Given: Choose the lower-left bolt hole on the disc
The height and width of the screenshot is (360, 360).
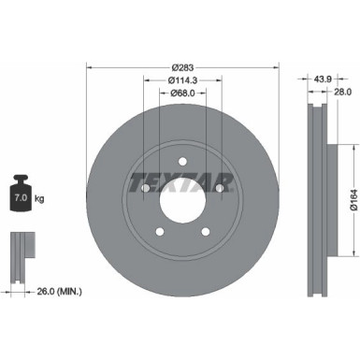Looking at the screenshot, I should (x=161, y=232).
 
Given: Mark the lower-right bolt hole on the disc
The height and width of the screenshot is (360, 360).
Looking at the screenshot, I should (x=206, y=232).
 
